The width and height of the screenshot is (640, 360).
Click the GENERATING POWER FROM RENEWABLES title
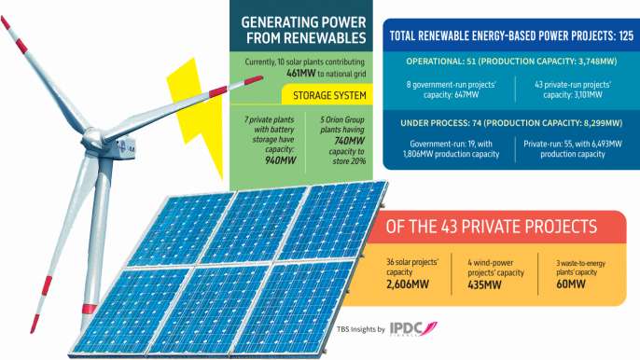pyautogui.click(x=303, y=29)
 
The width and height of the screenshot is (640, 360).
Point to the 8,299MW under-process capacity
pyautogui.click(x=588, y=123)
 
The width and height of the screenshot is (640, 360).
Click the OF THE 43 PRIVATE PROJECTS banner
pyautogui.click(x=492, y=227)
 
